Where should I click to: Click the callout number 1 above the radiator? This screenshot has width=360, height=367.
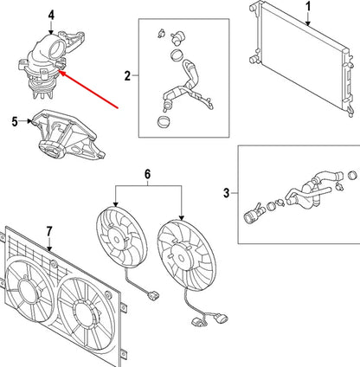[308, 7]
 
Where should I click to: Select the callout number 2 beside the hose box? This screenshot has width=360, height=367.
[127, 76]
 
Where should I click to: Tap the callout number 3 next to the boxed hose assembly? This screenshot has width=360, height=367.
[227, 193]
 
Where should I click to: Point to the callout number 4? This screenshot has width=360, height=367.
[51, 16]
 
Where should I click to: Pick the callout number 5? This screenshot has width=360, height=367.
[15, 122]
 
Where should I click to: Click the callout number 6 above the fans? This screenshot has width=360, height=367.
[147, 174]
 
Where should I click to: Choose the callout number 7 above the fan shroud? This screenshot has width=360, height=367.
[49, 232]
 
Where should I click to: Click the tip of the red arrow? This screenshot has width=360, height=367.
[59, 71]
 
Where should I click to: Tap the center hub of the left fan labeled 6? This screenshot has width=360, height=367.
[117, 239]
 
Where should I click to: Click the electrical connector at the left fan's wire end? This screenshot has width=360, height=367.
[153, 296]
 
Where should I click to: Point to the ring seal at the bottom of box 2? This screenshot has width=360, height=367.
[164, 121]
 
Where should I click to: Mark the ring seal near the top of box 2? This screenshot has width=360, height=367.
[176, 55]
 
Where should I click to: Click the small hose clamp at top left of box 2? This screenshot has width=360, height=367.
[161, 33]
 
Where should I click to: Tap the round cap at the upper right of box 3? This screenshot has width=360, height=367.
[353, 176]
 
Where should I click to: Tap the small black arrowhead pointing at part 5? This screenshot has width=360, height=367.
[29, 121]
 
